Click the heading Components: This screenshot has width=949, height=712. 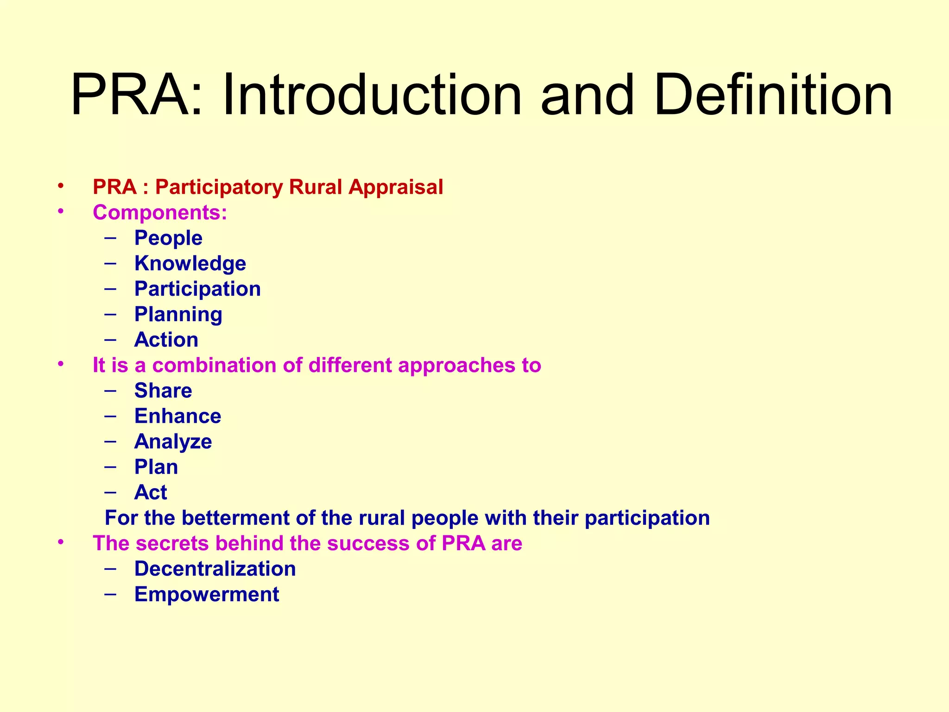pyautogui.click(x=160, y=213)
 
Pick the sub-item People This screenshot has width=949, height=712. pyautogui.click(x=168, y=238)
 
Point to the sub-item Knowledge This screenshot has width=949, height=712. pyautogui.click(x=190, y=264)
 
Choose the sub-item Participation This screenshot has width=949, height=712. pyautogui.click(x=197, y=289)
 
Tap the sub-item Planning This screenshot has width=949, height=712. pyautogui.click(x=178, y=315)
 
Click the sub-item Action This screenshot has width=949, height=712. pyautogui.click(x=166, y=340)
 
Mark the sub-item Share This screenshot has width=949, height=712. pyautogui.click(x=163, y=391)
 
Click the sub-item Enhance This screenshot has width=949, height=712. pyautogui.click(x=177, y=416)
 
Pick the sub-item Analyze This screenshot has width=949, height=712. pyautogui.click(x=173, y=442)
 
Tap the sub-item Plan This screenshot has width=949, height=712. pyautogui.click(x=156, y=467)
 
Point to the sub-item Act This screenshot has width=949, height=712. pyautogui.click(x=151, y=493)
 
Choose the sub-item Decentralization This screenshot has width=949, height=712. pyautogui.click(x=215, y=569)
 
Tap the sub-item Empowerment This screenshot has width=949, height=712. pyautogui.click(x=207, y=595)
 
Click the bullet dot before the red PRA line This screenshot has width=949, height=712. pyautogui.click(x=60, y=186)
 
